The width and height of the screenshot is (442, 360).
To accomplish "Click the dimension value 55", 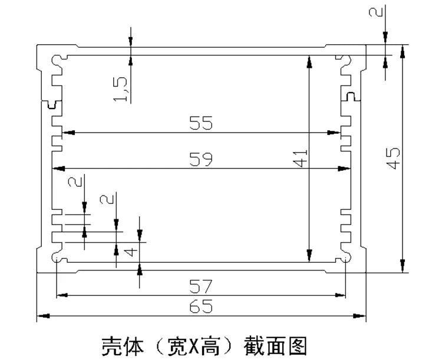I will [200, 124].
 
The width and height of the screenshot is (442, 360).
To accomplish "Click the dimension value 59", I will [200, 159].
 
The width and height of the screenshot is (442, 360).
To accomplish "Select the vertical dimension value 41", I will [301, 158].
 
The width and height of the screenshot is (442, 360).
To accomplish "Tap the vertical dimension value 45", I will [394, 158].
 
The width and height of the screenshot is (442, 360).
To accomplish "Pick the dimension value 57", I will [200, 286].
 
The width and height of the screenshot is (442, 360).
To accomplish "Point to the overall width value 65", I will [200, 307].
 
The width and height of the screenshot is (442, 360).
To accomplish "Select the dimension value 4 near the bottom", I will [132, 252].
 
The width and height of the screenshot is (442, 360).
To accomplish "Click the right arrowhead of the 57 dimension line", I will [341, 295].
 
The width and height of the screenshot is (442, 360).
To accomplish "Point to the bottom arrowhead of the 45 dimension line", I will [403, 268].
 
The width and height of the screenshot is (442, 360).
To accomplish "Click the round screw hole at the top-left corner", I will [57, 60].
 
